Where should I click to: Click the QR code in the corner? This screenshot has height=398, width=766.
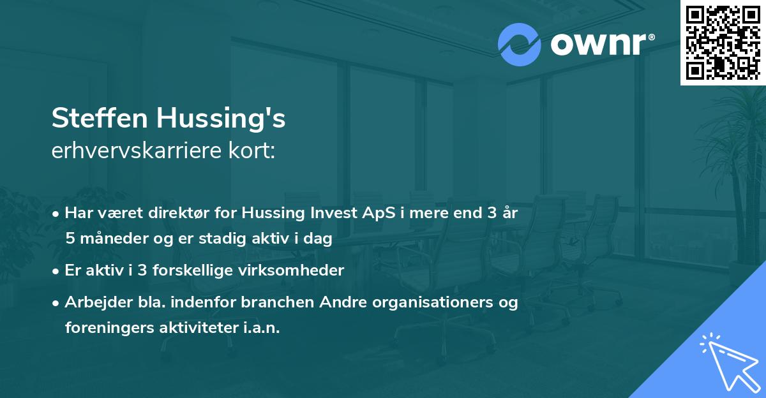pos(723,42)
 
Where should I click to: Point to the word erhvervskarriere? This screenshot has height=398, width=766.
pos(135,151)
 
